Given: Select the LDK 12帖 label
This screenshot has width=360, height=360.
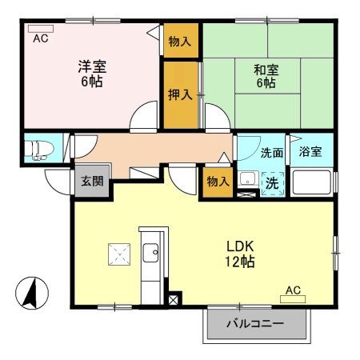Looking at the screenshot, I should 239,254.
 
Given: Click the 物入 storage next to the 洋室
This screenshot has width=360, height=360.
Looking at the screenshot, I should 179,42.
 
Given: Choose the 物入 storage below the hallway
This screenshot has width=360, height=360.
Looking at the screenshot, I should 218,181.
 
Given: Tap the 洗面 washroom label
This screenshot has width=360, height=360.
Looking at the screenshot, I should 272,153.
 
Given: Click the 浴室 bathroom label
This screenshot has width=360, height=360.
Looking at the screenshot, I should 310,152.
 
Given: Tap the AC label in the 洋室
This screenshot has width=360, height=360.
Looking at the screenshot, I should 39,38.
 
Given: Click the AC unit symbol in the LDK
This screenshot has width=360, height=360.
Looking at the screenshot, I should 293,299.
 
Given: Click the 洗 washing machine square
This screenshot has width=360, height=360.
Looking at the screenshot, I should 271,182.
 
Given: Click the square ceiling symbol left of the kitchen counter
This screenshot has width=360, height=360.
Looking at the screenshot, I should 118,254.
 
